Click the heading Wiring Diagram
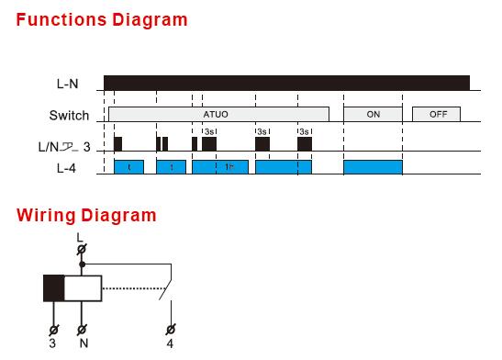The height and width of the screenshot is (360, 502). click(x=86, y=216)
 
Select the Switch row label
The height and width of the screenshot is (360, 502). click(x=70, y=116)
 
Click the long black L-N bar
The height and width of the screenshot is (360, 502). click(x=286, y=84)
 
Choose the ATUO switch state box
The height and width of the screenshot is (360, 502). click(x=218, y=114)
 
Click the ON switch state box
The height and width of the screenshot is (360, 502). click(x=373, y=114)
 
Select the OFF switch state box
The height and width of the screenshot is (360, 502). click(x=436, y=114)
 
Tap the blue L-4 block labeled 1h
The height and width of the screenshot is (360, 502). click(x=219, y=167)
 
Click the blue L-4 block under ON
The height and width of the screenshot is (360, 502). click(x=373, y=167)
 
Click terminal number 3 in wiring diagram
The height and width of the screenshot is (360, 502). click(x=53, y=344)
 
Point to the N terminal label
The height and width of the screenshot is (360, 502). click(x=83, y=344)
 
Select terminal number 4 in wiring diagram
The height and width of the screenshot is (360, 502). click(x=169, y=344)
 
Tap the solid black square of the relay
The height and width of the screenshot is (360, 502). click(x=54, y=287)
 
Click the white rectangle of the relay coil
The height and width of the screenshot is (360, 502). click(x=83, y=287)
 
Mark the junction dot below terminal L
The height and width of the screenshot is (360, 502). click(x=83, y=264)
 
